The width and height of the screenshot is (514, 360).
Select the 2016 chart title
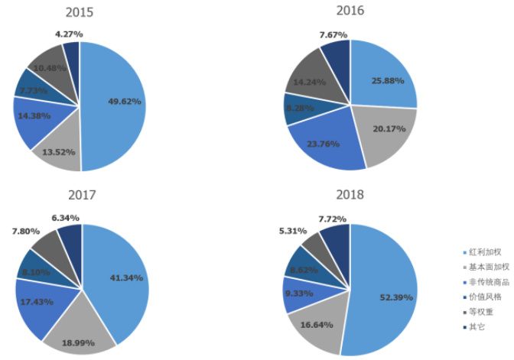tap(350, 11)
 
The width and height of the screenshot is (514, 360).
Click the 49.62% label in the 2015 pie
tap(124, 101)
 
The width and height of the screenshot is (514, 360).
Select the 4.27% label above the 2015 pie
tap(69, 34)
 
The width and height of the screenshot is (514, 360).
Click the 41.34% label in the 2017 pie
tap(126, 277)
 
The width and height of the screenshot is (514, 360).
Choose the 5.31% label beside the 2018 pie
tap(293, 230)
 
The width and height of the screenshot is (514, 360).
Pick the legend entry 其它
tap(477, 327)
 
